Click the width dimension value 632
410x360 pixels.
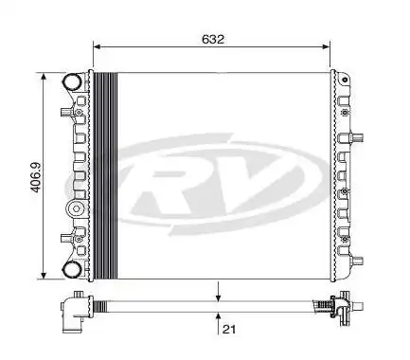click(213, 40)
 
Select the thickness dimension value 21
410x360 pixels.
click(228, 329)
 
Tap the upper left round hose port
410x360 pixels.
click(72, 83)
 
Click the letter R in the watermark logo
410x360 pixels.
click(176, 179)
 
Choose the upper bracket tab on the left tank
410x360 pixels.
click(62, 115)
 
